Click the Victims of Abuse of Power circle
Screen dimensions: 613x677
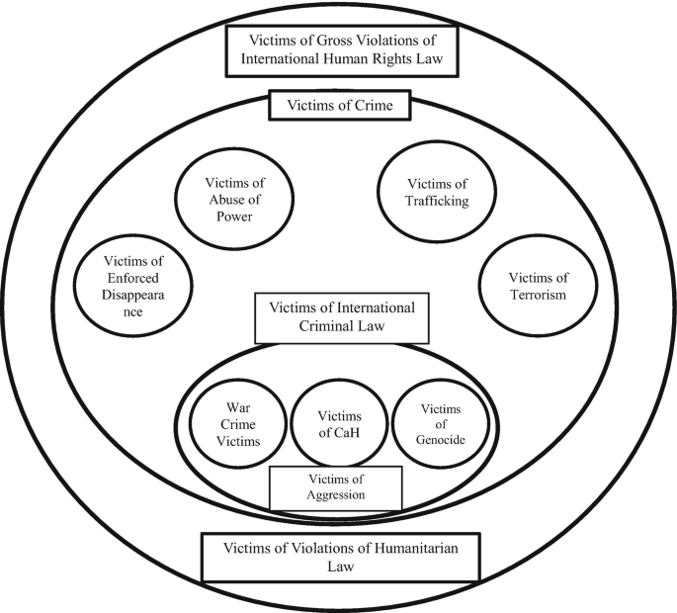click(x=234, y=201)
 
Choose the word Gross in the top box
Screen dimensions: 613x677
click(x=330, y=39)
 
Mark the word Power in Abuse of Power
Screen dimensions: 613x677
click(x=234, y=219)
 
